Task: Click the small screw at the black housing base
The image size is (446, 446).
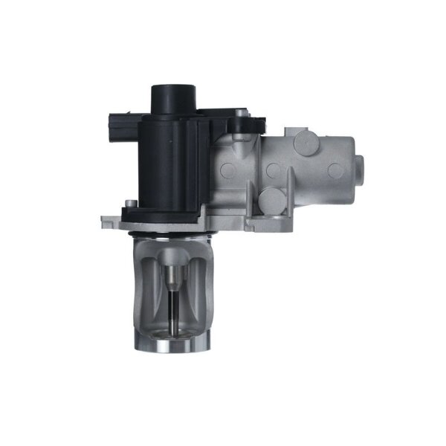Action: tap(129, 201)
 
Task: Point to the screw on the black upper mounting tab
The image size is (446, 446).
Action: tap(239, 114)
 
